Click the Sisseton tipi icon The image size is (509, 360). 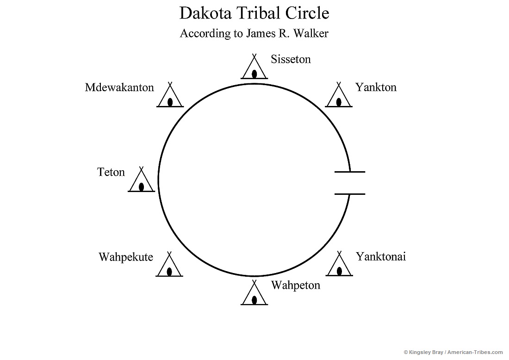(x=254, y=68)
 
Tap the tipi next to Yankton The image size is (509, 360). (x=339, y=96)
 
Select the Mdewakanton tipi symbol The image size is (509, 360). (x=170, y=96)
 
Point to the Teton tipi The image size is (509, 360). (x=141, y=181)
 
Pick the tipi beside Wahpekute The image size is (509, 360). (x=169, y=266)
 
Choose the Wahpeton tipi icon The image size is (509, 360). (x=254, y=294)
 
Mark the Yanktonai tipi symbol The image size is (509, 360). (x=339, y=266)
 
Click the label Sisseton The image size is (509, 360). (x=291, y=60)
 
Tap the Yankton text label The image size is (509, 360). (x=376, y=87)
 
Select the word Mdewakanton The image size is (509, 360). (x=119, y=87)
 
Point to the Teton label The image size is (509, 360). (x=111, y=173)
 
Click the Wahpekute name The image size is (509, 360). (x=126, y=257)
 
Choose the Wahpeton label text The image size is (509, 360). (x=295, y=285)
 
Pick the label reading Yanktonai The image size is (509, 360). (x=380, y=257)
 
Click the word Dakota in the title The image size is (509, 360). (x=202, y=13)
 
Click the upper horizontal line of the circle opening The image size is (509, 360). (x=349, y=172)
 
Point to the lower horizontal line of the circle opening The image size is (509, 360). (x=349, y=194)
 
